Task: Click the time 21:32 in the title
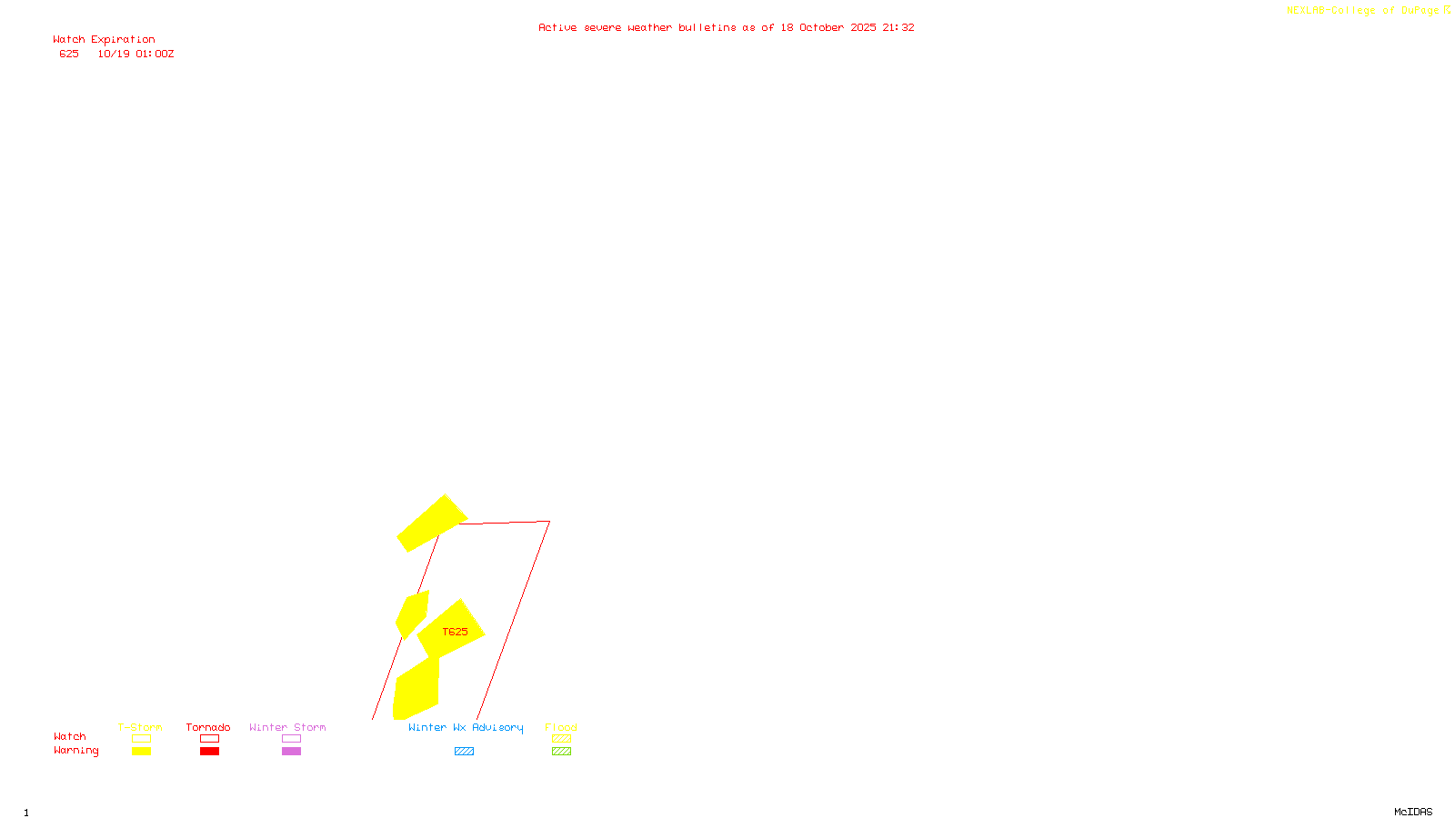click(x=898, y=27)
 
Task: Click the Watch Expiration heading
click(x=104, y=40)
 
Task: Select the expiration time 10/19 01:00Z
click(x=135, y=55)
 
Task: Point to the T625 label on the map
click(x=455, y=632)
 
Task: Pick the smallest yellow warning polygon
click(x=411, y=614)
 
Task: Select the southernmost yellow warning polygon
click(x=416, y=691)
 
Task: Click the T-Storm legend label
click(x=140, y=727)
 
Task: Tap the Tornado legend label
click(x=208, y=727)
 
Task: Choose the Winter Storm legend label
click(x=287, y=727)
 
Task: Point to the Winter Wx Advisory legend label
click(x=466, y=727)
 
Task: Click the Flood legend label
click(x=561, y=727)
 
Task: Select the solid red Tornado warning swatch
click(x=209, y=752)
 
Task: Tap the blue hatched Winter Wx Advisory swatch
click(x=464, y=752)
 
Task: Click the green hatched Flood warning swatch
click(x=561, y=752)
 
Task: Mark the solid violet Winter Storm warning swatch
click(x=291, y=752)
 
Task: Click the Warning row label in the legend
click(x=75, y=751)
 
